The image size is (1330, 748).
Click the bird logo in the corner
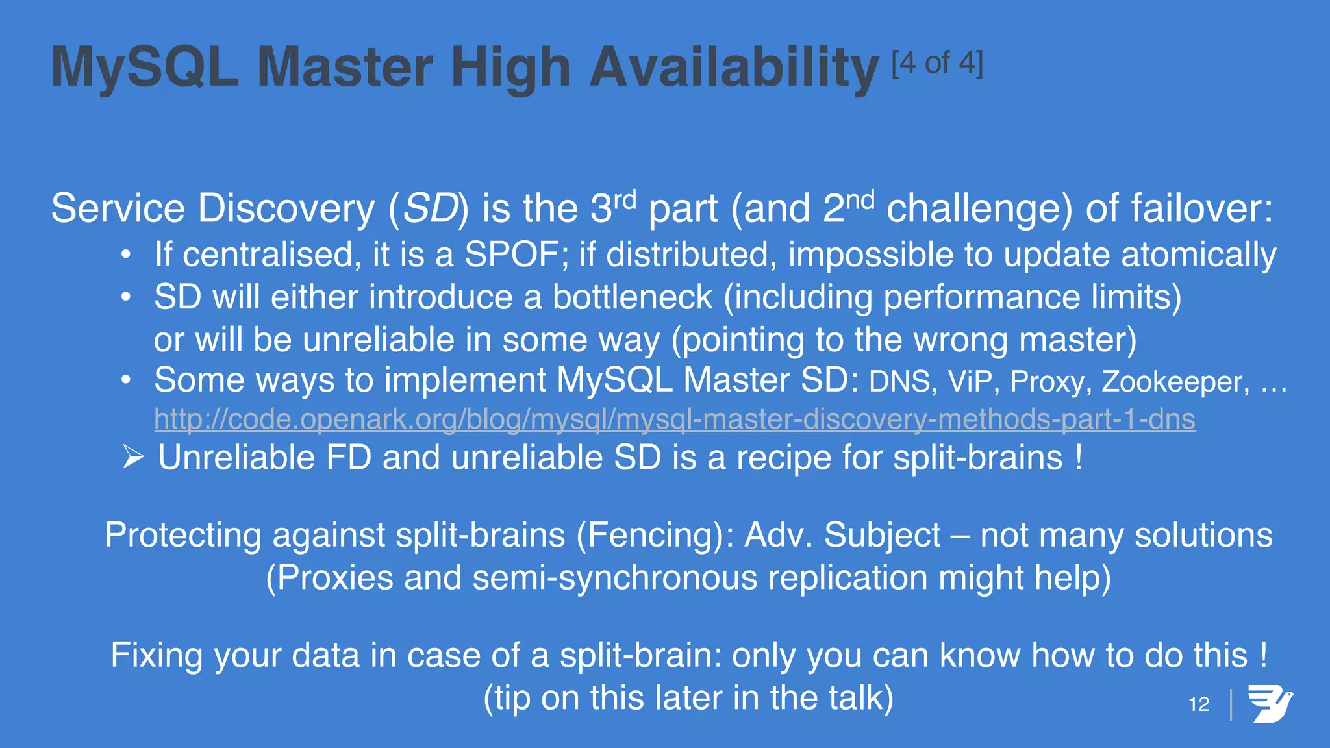point(1270,704)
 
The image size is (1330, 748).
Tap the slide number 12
point(1199,704)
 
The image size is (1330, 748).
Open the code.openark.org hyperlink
point(674,419)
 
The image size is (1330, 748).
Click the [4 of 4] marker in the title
point(937,64)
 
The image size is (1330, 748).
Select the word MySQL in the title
point(144,68)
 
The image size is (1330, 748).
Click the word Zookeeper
point(1175,382)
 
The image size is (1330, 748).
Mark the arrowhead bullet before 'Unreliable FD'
point(133,458)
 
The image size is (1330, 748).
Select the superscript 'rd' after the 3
point(625,200)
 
